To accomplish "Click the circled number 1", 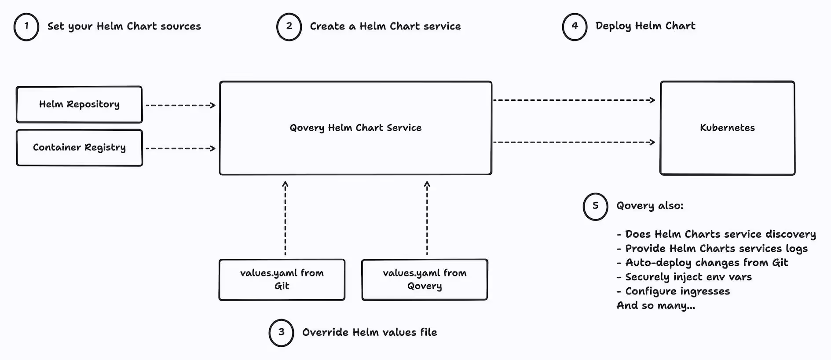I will click(26, 27).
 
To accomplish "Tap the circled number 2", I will click(289, 27).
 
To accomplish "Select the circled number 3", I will click(281, 333).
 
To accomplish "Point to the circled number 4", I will click(575, 27).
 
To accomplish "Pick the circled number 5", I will click(595, 206).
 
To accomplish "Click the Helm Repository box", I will click(79, 104).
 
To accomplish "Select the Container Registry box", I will click(79, 148).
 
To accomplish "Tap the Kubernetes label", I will click(727, 128).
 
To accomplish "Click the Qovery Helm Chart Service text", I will click(355, 128).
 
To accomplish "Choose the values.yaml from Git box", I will click(282, 279).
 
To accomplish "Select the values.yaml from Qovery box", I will click(425, 279).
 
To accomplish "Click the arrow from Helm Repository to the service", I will click(180, 105).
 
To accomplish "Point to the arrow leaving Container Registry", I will click(180, 148).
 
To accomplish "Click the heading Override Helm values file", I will click(370, 333).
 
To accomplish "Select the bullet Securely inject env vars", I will click(688, 277).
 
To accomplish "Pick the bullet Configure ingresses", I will click(677, 291).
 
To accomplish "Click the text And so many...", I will click(655, 306).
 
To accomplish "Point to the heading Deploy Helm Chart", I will click(645, 26).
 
